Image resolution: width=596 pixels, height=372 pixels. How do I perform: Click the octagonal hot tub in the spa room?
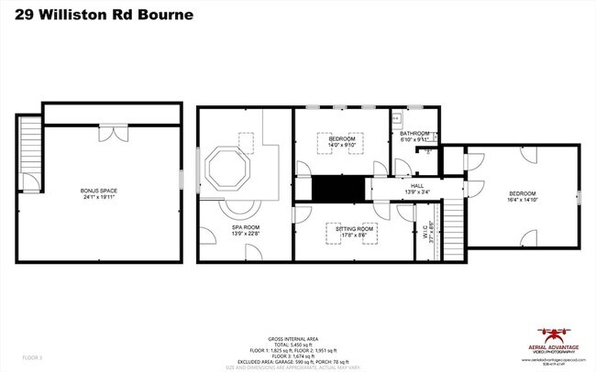click(x=225, y=170)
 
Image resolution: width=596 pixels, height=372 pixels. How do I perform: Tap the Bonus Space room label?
click(x=99, y=191)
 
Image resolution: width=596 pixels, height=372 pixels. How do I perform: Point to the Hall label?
click(x=416, y=185)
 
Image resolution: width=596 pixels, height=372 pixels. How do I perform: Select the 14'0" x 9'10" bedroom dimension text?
click(x=341, y=145)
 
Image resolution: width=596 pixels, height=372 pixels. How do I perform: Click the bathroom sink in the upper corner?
click(x=399, y=118)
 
